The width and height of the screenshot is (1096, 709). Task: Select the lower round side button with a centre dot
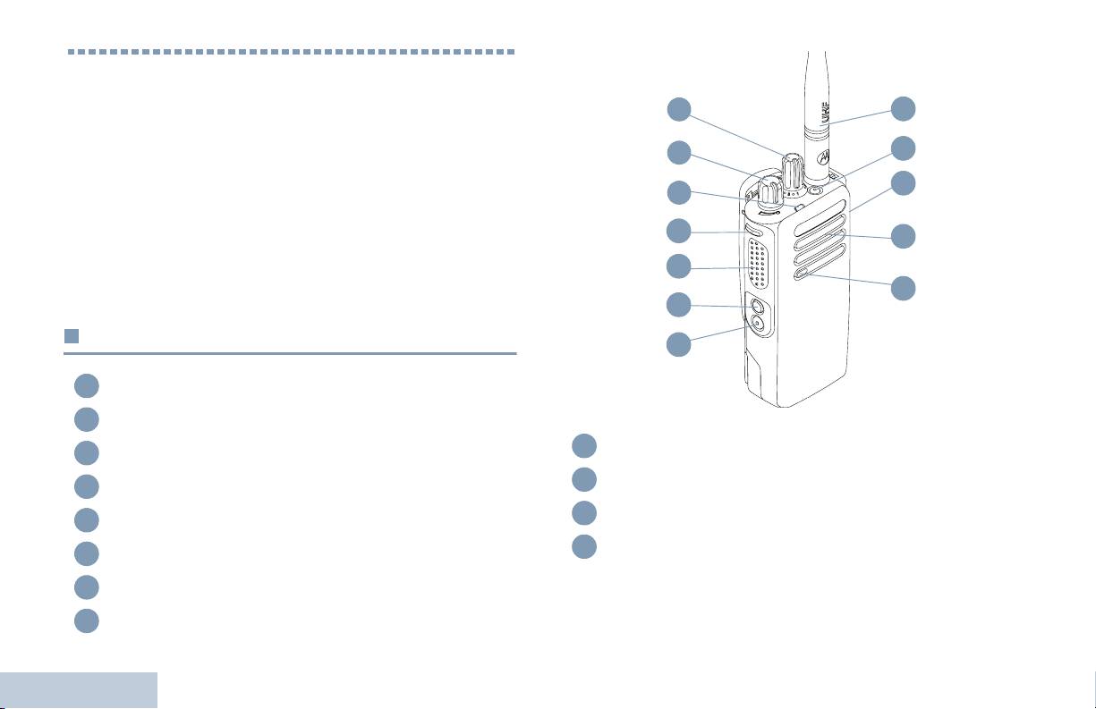[x=758, y=326]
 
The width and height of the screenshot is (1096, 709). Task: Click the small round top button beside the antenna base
[x=814, y=190]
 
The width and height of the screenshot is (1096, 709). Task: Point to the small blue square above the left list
[x=72, y=337]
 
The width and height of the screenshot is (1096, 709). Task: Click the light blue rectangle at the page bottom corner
[x=79, y=690]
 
